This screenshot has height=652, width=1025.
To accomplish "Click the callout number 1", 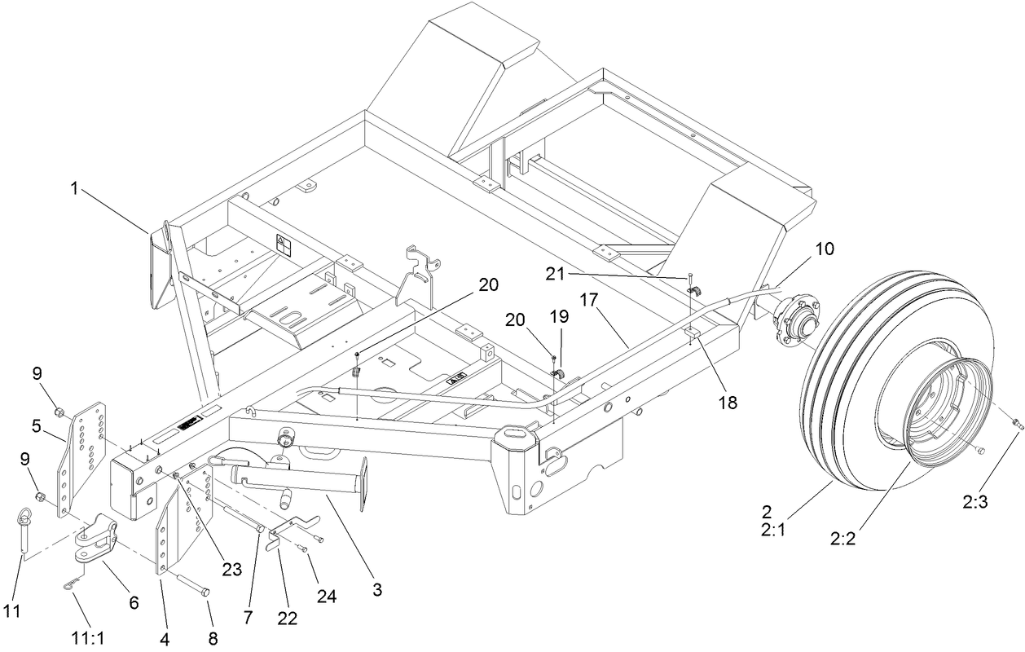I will [74, 188].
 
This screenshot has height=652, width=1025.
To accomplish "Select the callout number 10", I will [825, 249].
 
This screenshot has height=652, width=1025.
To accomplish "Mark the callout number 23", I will [232, 570].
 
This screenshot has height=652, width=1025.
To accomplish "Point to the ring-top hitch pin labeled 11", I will [24, 529].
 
